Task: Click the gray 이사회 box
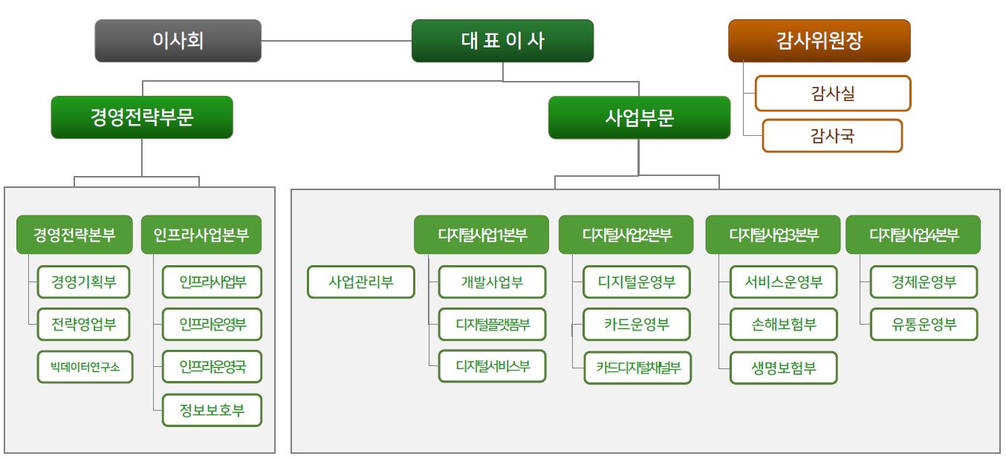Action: click(178, 41)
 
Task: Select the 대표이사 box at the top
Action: click(502, 41)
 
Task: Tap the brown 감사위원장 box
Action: click(819, 41)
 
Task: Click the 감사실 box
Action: click(832, 94)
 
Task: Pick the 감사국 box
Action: click(832, 136)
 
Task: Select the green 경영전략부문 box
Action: click(142, 117)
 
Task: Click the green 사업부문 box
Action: click(639, 117)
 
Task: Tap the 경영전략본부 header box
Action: click(74, 235)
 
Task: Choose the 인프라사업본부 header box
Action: click(201, 235)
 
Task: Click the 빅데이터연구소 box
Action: click(85, 367)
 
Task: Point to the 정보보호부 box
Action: click(212, 410)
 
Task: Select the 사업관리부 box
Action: click(361, 282)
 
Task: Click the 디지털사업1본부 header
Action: click(481, 235)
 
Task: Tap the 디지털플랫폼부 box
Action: click(493, 325)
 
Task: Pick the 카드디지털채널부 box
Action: click(638, 368)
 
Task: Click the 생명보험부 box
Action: click(784, 368)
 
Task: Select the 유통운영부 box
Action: click(924, 325)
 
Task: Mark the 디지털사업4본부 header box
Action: click(913, 235)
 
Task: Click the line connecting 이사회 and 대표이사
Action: click(337, 41)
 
